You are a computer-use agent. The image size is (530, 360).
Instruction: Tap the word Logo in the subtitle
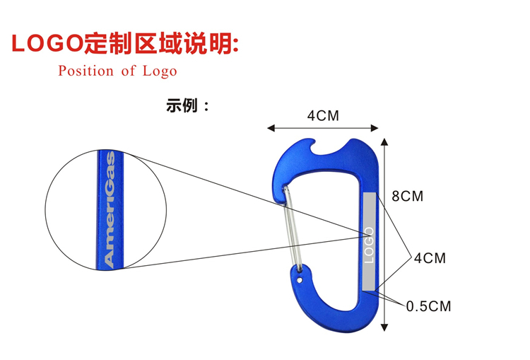point(160,71)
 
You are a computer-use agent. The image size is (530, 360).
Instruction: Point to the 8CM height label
point(407,197)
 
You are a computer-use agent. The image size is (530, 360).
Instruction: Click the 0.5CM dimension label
point(428,306)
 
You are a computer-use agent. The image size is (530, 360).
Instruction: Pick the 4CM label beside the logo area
point(430,258)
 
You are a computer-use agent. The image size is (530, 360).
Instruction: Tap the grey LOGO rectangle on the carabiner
point(368,240)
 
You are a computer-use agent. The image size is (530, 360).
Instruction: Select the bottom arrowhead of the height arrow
point(384,326)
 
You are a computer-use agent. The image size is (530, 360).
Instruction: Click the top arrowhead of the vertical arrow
point(384,139)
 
